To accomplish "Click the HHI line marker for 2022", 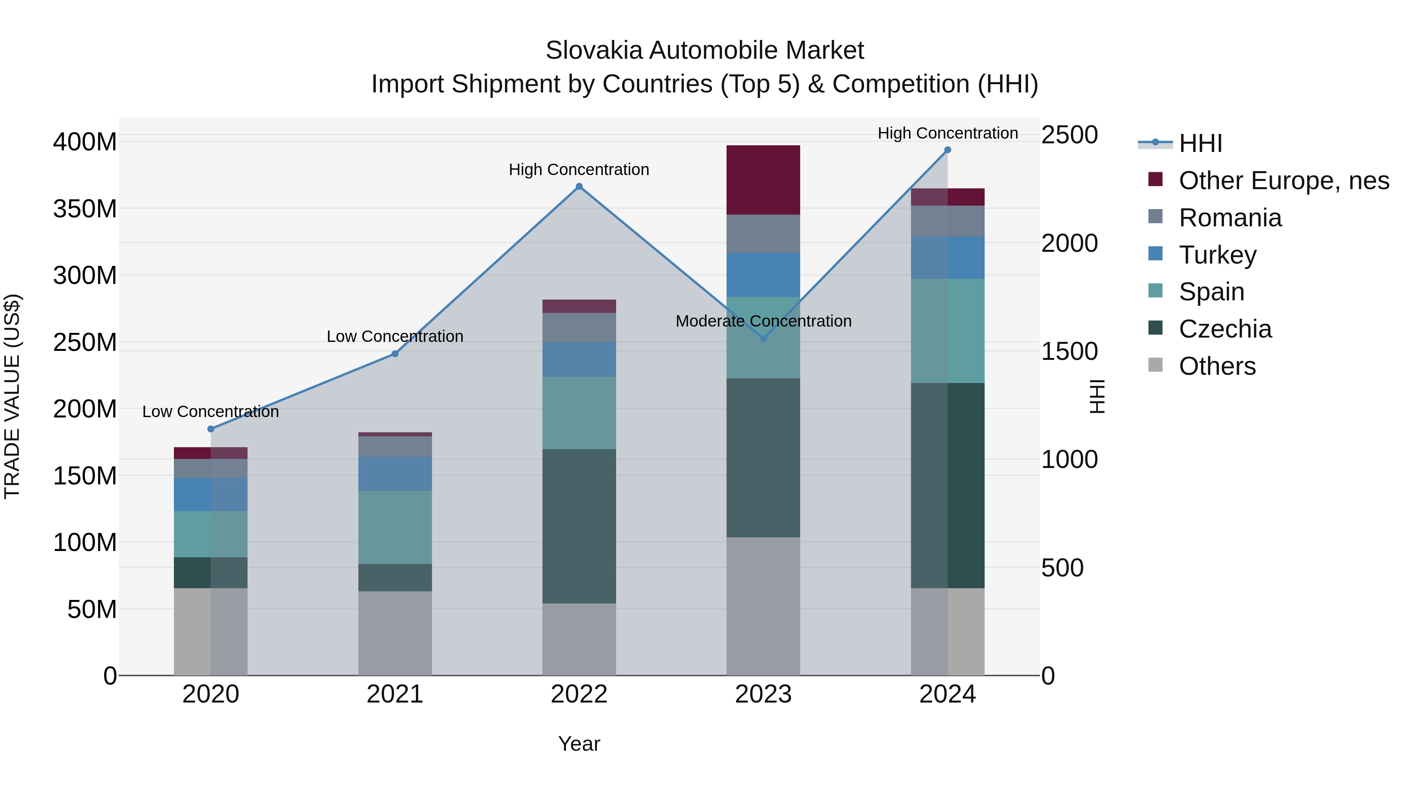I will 579,187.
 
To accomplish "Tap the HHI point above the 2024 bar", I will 947,150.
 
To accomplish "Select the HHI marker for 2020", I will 211,429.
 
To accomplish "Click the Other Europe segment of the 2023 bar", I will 763,180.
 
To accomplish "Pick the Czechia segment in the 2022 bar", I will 579,526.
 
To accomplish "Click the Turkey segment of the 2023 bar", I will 763,275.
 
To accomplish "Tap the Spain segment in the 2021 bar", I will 395,527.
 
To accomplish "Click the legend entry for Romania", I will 1229,218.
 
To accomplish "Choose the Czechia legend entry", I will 1225,329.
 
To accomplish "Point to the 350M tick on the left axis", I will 85,208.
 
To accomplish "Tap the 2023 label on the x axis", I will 763,694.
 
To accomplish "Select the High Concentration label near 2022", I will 579,170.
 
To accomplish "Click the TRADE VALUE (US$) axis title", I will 12,396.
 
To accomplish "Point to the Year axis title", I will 579,744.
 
